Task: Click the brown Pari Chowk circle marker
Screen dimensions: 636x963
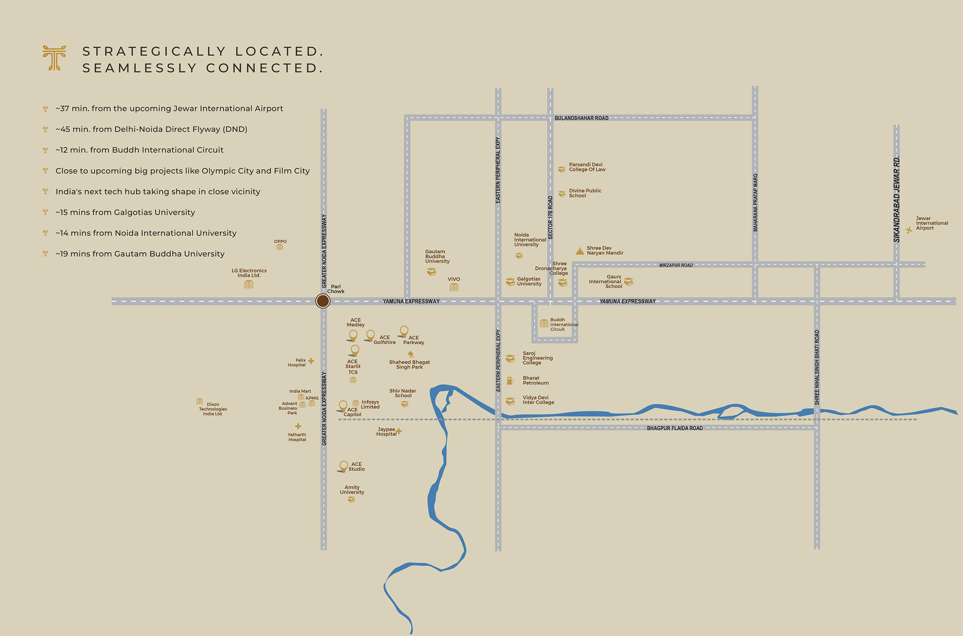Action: pos(323,301)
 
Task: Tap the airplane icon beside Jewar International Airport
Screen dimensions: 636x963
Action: pos(909,230)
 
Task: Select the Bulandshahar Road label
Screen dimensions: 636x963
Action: pos(581,118)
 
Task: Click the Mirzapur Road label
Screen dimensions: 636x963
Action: pos(676,265)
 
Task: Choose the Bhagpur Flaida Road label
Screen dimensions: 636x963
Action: pos(674,429)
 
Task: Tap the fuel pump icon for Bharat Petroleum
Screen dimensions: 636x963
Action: pos(510,381)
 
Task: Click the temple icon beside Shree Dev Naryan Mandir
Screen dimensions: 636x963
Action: pos(580,251)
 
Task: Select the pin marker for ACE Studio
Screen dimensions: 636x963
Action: pos(343,466)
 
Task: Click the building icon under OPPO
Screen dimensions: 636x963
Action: pos(280,247)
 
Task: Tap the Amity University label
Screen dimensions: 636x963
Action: pos(352,490)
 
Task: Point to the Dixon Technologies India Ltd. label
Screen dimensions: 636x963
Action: pos(213,409)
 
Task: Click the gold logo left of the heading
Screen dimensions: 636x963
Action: pos(54,58)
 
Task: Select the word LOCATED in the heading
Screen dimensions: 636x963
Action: pos(279,52)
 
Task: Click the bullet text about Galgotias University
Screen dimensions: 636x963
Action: pos(125,212)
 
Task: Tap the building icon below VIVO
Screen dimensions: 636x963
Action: pos(454,287)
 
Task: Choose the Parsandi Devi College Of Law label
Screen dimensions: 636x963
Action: pos(587,167)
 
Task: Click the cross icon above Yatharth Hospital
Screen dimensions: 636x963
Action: pos(298,426)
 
